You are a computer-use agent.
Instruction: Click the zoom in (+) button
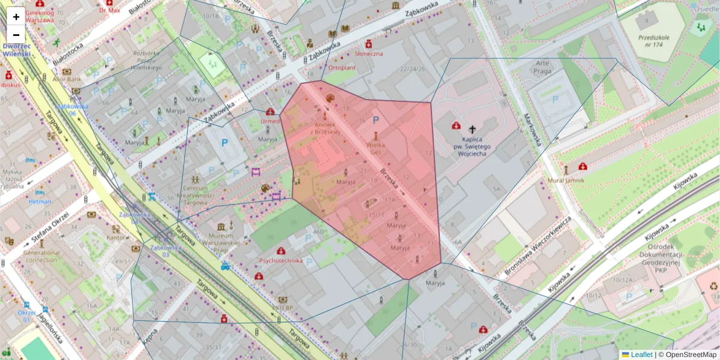(16, 17)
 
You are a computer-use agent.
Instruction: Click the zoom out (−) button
(16, 34)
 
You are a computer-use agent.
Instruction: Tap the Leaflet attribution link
(641, 355)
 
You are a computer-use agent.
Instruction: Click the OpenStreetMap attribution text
(691, 355)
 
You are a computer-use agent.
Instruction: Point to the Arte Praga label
(542, 67)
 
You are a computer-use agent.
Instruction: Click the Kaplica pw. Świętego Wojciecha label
(472, 146)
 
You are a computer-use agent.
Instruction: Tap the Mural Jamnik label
(565, 180)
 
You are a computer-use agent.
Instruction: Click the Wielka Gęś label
(376, 148)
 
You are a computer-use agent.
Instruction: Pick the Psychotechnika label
(281, 261)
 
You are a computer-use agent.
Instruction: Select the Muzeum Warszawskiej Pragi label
(230, 239)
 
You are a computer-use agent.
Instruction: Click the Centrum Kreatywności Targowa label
(195, 199)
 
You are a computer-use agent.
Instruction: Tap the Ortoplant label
(341, 68)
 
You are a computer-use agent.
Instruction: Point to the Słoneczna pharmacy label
(369, 53)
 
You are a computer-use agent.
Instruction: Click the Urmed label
(271, 121)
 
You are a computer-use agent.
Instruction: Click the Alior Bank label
(67, 79)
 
